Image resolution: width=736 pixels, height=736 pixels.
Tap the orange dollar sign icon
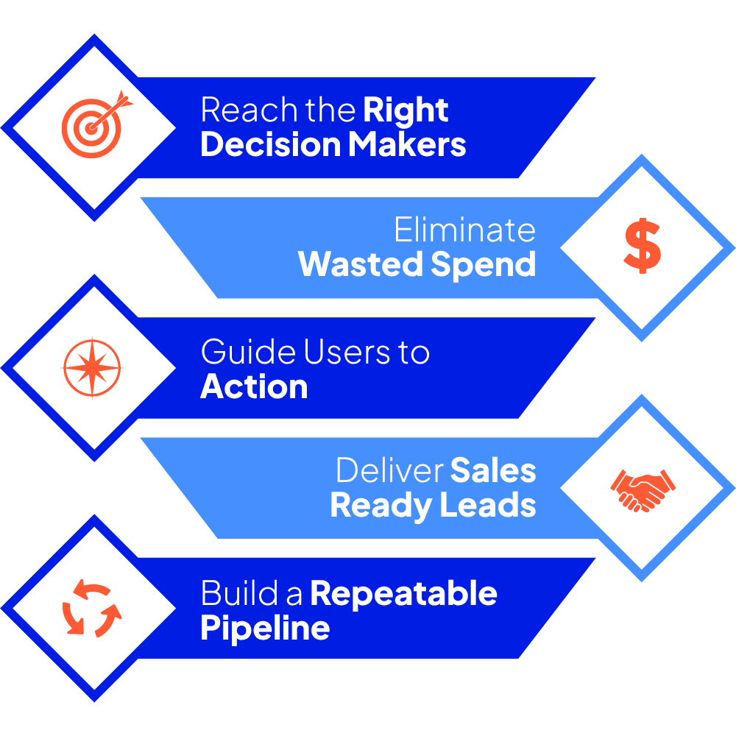641,247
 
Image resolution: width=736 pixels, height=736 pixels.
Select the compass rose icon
92,367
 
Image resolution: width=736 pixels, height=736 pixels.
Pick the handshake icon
642,487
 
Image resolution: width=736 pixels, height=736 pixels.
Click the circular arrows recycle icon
92,608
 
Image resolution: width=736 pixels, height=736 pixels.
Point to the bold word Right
406,111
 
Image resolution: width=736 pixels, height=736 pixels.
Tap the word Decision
269,144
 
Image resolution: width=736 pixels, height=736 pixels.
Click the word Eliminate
464,230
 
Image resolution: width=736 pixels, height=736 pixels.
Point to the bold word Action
254,386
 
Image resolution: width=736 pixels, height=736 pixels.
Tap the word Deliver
389,471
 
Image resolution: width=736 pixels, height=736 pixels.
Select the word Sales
493,471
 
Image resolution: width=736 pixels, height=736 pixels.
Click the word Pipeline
265,629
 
